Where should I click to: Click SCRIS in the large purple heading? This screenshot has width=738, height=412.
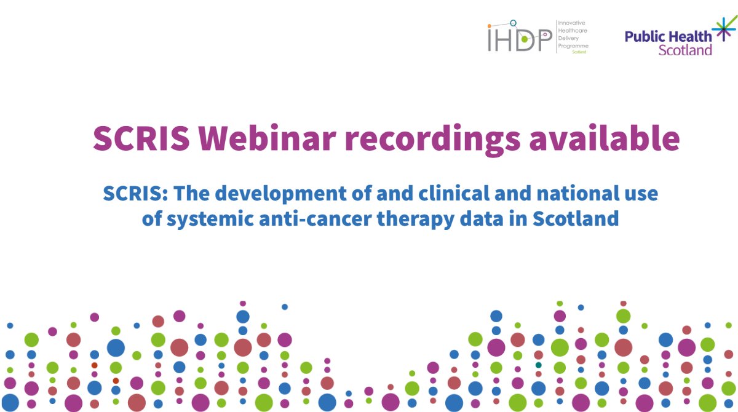coord(141,138)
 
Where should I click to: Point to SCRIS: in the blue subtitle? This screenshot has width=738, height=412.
coord(135,194)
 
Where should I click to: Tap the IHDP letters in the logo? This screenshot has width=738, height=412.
coord(518,39)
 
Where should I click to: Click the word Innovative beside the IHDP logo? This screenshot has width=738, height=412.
coord(571,23)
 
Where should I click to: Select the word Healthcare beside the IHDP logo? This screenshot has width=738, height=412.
coord(573,30)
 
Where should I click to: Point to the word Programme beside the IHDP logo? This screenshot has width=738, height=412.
coord(573,46)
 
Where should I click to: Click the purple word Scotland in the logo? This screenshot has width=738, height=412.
coord(685,50)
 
